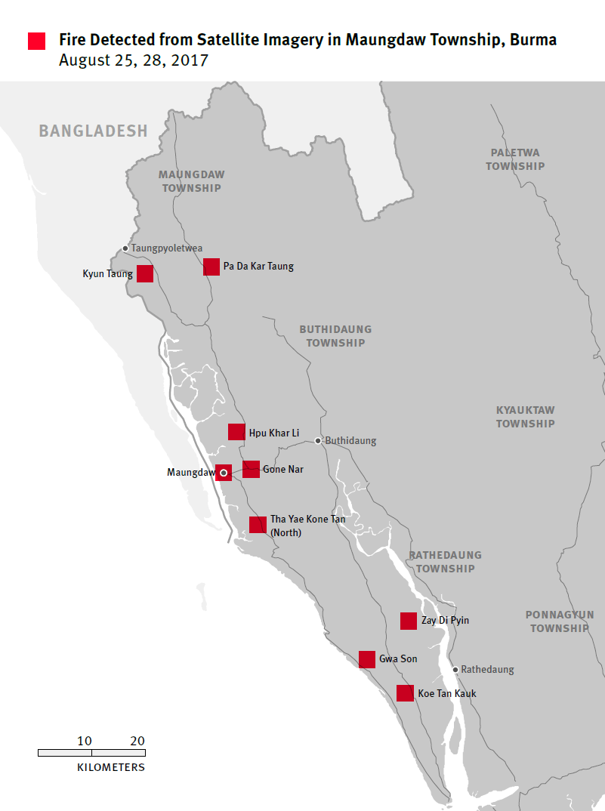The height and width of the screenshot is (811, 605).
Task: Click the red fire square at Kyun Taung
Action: click(x=145, y=273)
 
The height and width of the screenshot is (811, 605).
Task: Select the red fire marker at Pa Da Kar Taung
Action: click(x=211, y=267)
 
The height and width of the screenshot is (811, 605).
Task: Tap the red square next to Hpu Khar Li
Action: click(x=236, y=432)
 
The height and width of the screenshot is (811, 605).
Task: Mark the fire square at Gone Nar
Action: click(x=252, y=469)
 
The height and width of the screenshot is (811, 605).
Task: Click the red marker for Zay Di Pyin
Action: click(x=409, y=621)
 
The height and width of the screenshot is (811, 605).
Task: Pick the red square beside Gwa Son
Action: click(x=367, y=659)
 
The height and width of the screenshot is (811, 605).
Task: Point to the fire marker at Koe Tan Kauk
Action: click(x=405, y=693)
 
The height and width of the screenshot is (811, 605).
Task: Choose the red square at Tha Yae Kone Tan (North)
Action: click(x=258, y=525)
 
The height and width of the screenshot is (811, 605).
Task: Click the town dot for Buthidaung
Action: click(x=318, y=440)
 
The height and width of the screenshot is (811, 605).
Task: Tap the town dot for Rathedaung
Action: click(x=455, y=669)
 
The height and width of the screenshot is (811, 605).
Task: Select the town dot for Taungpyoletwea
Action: click(x=125, y=248)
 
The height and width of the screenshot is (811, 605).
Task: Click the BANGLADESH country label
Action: click(x=93, y=131)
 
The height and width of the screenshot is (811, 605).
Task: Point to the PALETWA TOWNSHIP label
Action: click(x=515, y=159)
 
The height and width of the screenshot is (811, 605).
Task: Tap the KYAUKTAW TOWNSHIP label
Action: click(x=525, y=417)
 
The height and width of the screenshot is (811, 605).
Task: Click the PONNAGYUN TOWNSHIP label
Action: click(x=559, y=621)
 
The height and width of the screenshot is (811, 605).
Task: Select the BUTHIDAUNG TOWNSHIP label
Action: click(x=335, y=336)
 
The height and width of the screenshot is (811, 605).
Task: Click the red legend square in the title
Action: click(x=36, y=41)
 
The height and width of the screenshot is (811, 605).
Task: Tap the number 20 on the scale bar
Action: click(x=137, y=741)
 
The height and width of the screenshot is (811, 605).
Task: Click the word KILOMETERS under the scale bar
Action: click(x=111, y=767)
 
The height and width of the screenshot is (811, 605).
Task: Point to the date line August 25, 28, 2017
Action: click(x=134, y=60)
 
